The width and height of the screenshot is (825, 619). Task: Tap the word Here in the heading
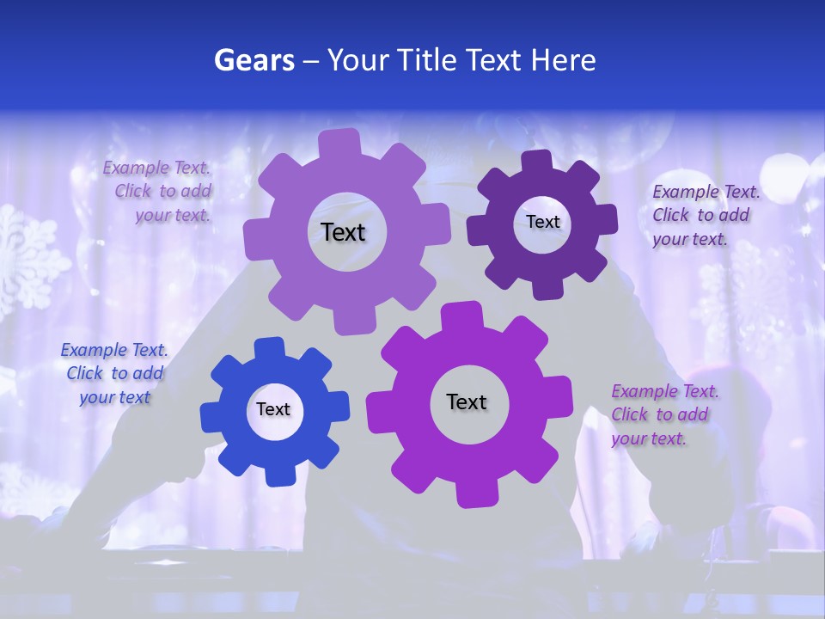pos(563,60)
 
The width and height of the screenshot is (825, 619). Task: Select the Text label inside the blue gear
pos(273,409)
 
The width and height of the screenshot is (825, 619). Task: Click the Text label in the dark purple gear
pos(542,222)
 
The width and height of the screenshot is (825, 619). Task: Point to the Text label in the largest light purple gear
pos(343,232)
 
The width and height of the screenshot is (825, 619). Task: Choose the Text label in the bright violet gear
pos(467,401)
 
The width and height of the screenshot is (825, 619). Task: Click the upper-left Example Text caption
pos(157,192)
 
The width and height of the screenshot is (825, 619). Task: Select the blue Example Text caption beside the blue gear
pos(114,374)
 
